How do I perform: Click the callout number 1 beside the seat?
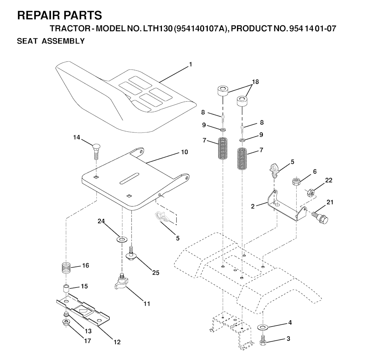[190, 64]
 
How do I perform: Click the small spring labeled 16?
[66, 268]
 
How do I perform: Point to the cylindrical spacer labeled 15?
[66, 289]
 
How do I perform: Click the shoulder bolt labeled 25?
[131, 254]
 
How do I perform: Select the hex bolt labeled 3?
[263, 340]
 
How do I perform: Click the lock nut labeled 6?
[296, 181]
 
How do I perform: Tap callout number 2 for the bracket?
[253, 207]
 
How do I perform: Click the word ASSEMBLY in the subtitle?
[63, 41]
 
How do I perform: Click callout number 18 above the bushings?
[255, 82]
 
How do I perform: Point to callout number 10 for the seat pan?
[185, 152]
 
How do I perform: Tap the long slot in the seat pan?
[129, 178]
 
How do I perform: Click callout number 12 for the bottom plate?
[117, 342]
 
